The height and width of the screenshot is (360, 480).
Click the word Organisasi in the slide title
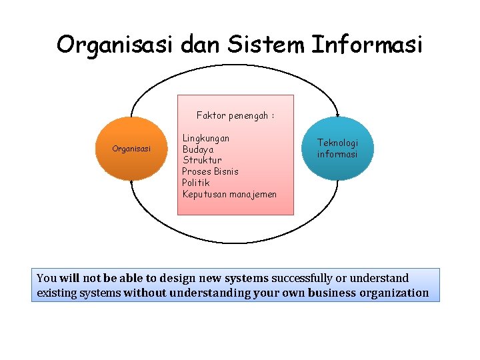pos(115,44)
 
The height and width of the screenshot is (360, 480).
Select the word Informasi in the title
pos(367,44)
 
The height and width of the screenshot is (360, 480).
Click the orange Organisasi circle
pos(132,149)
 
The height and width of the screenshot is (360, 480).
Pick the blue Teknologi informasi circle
pos(337,148)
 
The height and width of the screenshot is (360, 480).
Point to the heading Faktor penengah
pos(235,115)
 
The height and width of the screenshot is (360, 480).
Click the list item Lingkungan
pos(206,138)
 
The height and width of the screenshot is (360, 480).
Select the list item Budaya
pos(198,149)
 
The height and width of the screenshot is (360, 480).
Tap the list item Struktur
pos(202,160)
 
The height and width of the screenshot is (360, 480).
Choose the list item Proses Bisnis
pos(211,171)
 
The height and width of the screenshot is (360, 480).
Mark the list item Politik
pos(196,182)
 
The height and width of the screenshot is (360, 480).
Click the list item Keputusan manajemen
pos(229,194)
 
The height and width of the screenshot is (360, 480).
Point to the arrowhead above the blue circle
pos(337,115)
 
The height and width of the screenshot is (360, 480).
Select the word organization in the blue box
pos(394,293)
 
